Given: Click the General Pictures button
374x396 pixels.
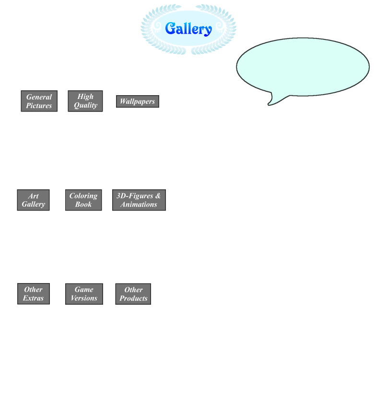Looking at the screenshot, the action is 39,101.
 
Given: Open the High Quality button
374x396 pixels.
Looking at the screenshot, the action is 85,101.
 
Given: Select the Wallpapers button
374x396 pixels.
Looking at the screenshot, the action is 138,101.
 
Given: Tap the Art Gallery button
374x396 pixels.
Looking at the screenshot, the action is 33,200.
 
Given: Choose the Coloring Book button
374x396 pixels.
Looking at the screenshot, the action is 83,200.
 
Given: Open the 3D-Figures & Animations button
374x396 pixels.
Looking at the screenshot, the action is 139,200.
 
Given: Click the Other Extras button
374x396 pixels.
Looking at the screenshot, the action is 34,294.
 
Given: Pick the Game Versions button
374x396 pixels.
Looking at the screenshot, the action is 84,294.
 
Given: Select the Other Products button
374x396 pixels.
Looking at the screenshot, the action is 133,294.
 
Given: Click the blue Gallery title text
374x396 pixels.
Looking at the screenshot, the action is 188,28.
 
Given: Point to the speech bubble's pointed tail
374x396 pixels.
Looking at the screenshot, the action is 269,104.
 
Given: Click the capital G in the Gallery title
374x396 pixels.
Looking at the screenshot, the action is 171,28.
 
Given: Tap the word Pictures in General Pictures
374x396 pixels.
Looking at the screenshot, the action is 39,106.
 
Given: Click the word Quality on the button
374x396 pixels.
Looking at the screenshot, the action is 86,105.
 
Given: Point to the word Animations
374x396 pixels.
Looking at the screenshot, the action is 139,204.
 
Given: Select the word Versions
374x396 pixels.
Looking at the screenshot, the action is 84,298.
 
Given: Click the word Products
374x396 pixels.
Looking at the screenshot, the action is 134,298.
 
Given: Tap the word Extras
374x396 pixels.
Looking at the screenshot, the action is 33,298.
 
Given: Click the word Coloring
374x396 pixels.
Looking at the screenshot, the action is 83,196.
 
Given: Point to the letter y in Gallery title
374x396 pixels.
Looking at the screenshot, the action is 208,31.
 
